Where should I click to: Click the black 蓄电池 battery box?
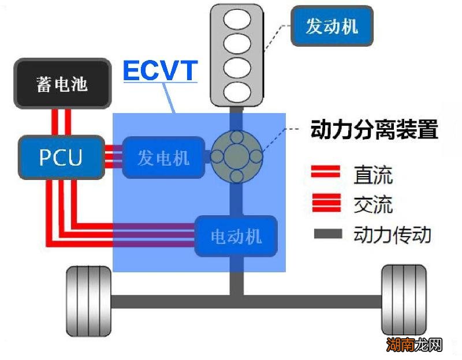pyautogui.click(x=62, y=84)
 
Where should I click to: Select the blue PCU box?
pyautogui.click(x=61, y=157)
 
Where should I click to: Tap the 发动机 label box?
pyautogui.click(x=331, y=26)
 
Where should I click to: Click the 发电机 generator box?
pyautogui.click(x=163, y=157)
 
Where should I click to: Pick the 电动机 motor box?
pyautogui.click(x=236, y=236)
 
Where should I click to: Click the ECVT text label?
pyautogui.click(x=160, y=71)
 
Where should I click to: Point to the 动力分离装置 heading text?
pyautogui.click(x=374, y=129)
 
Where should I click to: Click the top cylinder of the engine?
pyautogui.click(x=237, y=20)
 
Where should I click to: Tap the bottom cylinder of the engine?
pyautogui.click(x=237, y=91)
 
